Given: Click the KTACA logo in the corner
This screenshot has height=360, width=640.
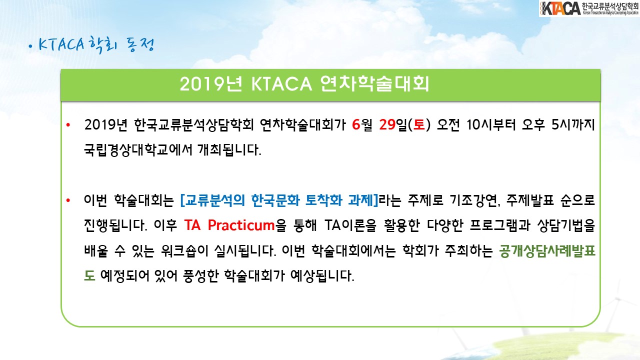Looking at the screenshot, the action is (589, 8).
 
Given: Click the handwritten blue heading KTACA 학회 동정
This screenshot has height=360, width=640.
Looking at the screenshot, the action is (91, 45).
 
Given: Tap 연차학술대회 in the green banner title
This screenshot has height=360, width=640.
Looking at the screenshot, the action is (374, 83).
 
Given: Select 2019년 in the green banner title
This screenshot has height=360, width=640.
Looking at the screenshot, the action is (211, 84).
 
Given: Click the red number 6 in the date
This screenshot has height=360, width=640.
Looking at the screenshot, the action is (355, 124).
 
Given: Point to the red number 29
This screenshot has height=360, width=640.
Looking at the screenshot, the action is (387, 124).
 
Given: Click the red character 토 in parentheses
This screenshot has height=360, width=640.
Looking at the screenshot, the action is (419, 124).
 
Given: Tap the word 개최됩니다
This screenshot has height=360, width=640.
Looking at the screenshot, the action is (229, 149).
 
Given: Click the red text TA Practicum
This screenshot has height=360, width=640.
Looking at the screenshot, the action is (229, 225).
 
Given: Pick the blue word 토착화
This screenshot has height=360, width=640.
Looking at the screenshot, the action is (323, 200).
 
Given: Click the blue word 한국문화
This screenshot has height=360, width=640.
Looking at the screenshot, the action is (275, 200).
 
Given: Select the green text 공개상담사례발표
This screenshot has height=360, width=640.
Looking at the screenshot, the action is (547, 251).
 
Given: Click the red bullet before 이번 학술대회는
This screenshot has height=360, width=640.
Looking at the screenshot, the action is (68, 200).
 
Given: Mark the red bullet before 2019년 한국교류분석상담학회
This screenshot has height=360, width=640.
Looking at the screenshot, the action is (68, 125).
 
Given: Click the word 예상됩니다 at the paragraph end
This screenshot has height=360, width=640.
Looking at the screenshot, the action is (322, 275).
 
